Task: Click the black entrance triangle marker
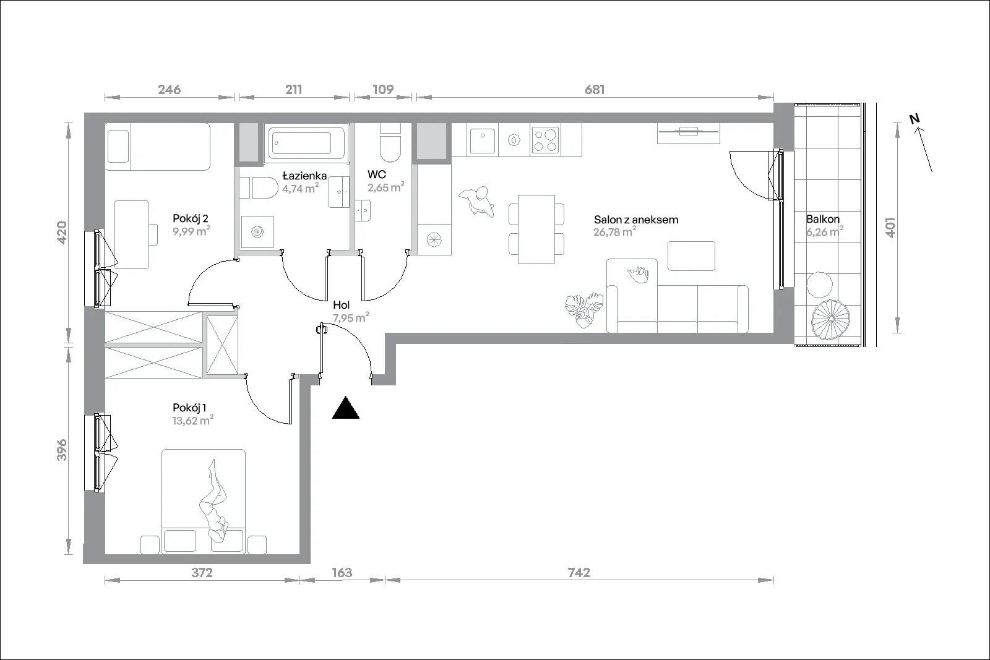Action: coord(346,408)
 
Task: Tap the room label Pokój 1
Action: coord(189,408)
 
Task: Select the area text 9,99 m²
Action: coord(191,231)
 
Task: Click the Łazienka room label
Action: coord(304,176)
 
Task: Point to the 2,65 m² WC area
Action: coord(386,187)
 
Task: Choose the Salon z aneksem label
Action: coord(636,220)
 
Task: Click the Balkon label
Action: coord(822,219)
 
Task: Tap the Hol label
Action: coord(341,305)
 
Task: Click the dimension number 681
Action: coord(595,90)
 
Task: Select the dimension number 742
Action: coord(579,573)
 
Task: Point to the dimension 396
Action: coord(62,450)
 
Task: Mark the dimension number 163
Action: coord(342,573)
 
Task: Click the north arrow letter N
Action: coord(915,119)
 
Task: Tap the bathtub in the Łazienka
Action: coord(306,143)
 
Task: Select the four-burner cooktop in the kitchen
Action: coord(545,140)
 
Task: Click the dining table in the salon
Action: coord(536,229)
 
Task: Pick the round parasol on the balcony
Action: coord(831,320)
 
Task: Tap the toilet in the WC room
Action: coord(390,144)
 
